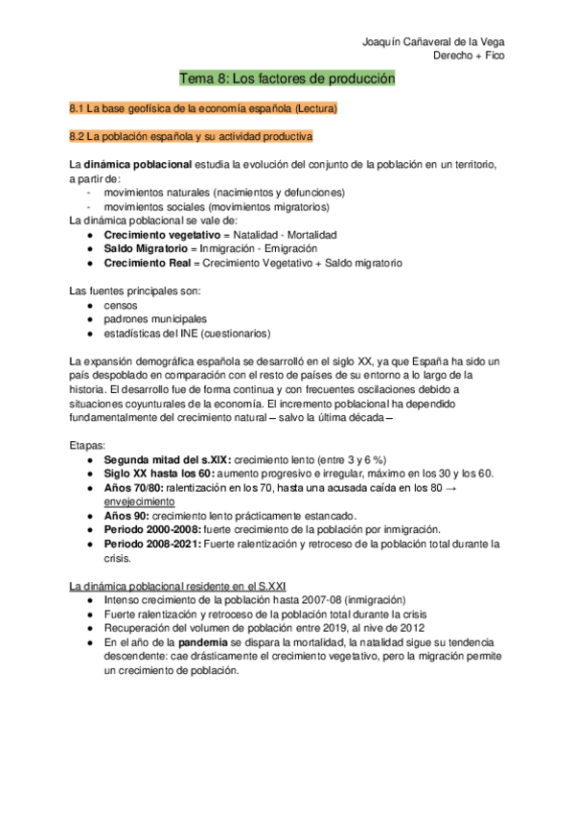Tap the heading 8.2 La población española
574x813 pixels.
tap(192, 137)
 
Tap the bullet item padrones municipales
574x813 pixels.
tap(155, 319)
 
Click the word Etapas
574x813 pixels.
tap(88, 446)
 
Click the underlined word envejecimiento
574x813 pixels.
tap(139, 500)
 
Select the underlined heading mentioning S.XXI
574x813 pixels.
tap(177, 585)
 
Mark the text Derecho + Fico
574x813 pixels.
tap(470, 56)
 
